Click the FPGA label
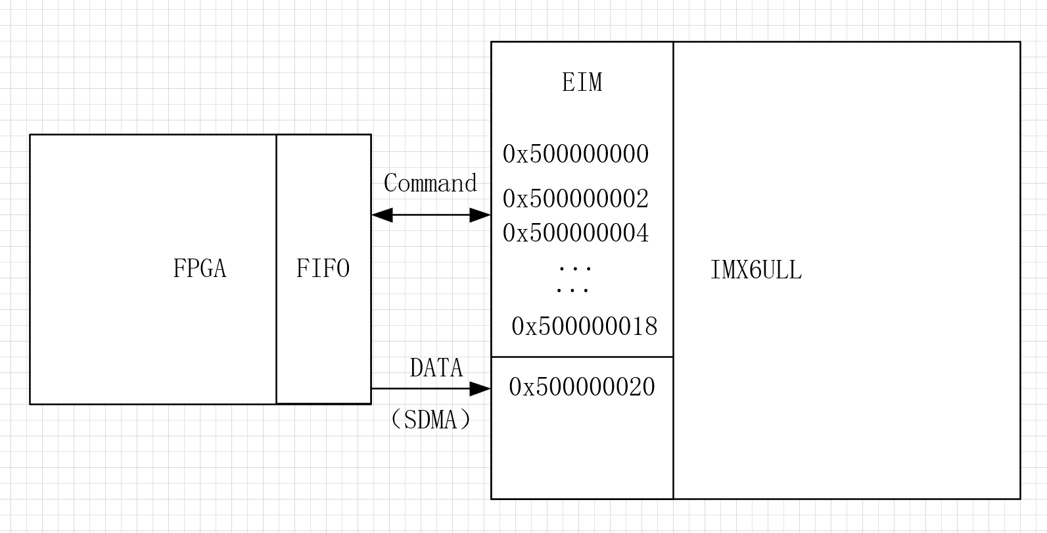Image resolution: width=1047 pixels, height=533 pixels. (x=199, y=268)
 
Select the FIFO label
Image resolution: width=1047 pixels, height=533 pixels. (x=323, y=268)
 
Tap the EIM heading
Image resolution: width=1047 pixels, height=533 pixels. (x=582, y=82)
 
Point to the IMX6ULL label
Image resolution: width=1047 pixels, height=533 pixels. (x=756, y=270)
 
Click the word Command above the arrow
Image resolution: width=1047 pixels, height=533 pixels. (x=430, y=183)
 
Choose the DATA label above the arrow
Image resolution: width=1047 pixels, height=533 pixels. (x=436, y=368)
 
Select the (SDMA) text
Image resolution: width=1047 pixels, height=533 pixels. (x=430, y=419)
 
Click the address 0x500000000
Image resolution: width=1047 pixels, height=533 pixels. (x=576, y=155)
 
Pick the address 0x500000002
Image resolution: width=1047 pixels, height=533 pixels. (x=576, y=199)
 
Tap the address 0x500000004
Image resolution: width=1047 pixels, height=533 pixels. (x=576, y=233)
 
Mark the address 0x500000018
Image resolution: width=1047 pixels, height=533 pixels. (x=584, y=326)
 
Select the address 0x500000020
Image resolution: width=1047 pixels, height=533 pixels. (x=582, y=387)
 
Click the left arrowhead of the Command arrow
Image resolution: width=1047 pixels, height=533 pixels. (x=382, y=215)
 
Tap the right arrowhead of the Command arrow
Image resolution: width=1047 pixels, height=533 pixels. (x=480, y=215)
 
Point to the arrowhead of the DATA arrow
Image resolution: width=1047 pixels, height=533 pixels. (x=480, y=388)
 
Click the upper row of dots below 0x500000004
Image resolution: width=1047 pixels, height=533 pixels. (x=575, y=268)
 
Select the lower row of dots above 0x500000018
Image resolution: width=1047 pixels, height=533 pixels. (x=572, y=290)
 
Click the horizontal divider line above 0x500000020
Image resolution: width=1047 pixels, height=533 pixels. (x=582, y=357)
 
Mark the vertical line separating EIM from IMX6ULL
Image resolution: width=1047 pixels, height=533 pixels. (x=673, y=197)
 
